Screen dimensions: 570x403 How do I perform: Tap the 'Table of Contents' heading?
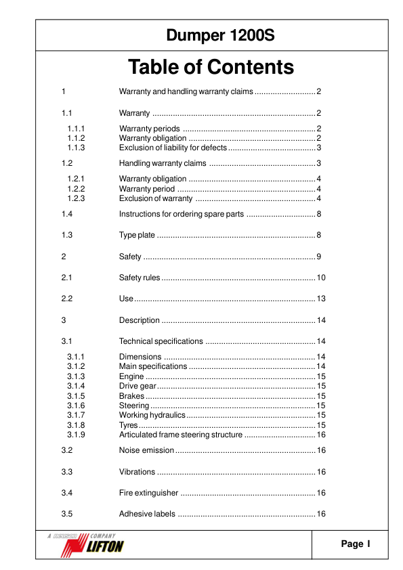pyautogui.click(x=211, y=68)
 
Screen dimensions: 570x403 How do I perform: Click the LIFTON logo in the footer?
pyautogui.click(x=99, y=544)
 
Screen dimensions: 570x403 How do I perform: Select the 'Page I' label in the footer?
pyautogui.click(x=356, y=544)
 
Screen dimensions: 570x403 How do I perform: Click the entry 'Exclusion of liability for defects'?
pyautogui.click(x=173, y=148)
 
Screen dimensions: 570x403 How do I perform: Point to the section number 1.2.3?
pyautogui.click(x=75, y=198)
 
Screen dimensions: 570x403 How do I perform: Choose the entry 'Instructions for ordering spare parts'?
pyautogui.click(x=181, y=214)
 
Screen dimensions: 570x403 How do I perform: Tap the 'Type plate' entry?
pyautogui.click(x=137, y=235)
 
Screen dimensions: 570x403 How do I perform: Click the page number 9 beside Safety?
pyautogui.click(x=318, y=257)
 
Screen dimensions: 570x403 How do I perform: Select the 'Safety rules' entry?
pyautogui.click(x=140, y=278)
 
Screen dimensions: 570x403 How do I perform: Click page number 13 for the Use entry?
pyautogui.click(x=321, y=299)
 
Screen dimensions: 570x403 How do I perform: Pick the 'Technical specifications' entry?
pyautogui.click(x=161, y=341)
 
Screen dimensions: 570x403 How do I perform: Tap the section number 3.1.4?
pyautogui.click(x=75, y=386)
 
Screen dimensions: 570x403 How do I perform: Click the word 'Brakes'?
pyautogui.click(x=131, y=395)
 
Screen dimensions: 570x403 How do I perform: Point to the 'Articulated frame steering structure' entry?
pyautogui.click(x=180, y=435)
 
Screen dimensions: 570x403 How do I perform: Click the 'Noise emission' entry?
pyautogui.click(x=146, y=450)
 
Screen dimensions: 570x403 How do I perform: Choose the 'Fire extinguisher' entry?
pyautogui.click(x=148, y=492)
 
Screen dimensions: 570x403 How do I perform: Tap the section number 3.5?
pyautogui.click(x=66, y=514)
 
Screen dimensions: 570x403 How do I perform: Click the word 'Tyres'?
pyautogui.click(x=129, y=425)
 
